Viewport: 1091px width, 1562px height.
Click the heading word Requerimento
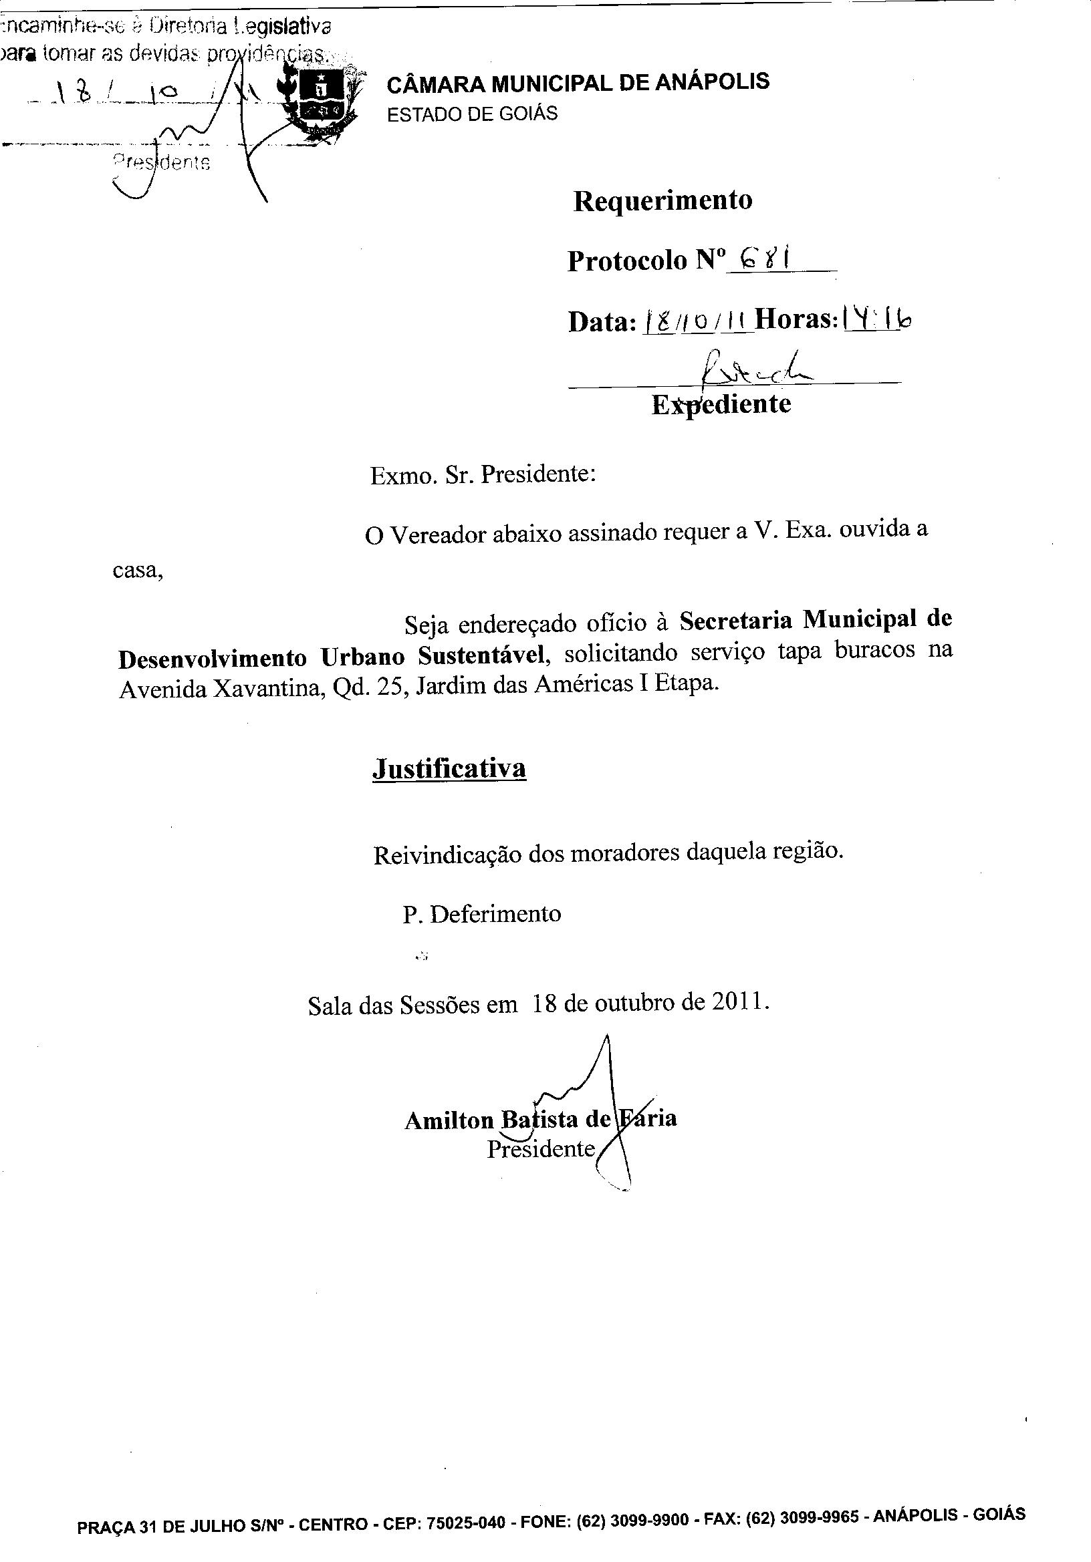click(662, 200)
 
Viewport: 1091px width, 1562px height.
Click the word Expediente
click(721, 405)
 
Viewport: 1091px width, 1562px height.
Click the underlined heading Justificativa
click(449, 769)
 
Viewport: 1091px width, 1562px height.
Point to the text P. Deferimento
click(482, 913)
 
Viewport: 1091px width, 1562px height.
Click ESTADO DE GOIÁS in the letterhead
click(473, 114)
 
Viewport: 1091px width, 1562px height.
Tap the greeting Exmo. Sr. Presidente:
click(483, 474)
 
